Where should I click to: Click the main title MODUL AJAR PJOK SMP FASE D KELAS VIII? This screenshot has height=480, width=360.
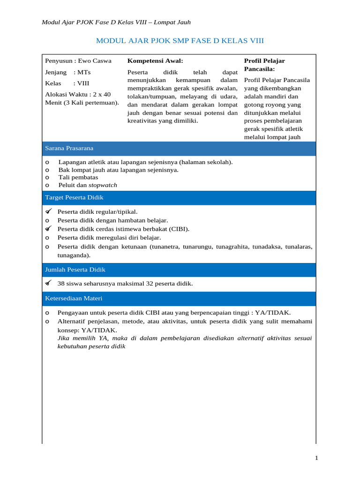click(180, 41)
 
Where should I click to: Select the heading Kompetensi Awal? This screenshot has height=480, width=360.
click(155, 61)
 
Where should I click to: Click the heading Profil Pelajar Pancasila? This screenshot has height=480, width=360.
click(264, 65)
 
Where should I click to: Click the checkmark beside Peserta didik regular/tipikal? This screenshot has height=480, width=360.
click(48, 212)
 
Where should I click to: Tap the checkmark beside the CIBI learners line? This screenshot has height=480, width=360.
click(48, 229)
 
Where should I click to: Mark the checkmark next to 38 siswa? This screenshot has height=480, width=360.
click(48, 284)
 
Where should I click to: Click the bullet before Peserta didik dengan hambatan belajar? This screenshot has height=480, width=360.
click(47, 221)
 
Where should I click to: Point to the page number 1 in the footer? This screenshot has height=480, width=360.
click(316, 458)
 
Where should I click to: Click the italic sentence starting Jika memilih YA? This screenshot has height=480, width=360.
click(184, 342)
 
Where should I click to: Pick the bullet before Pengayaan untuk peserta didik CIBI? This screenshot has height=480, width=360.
click(47, 313)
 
